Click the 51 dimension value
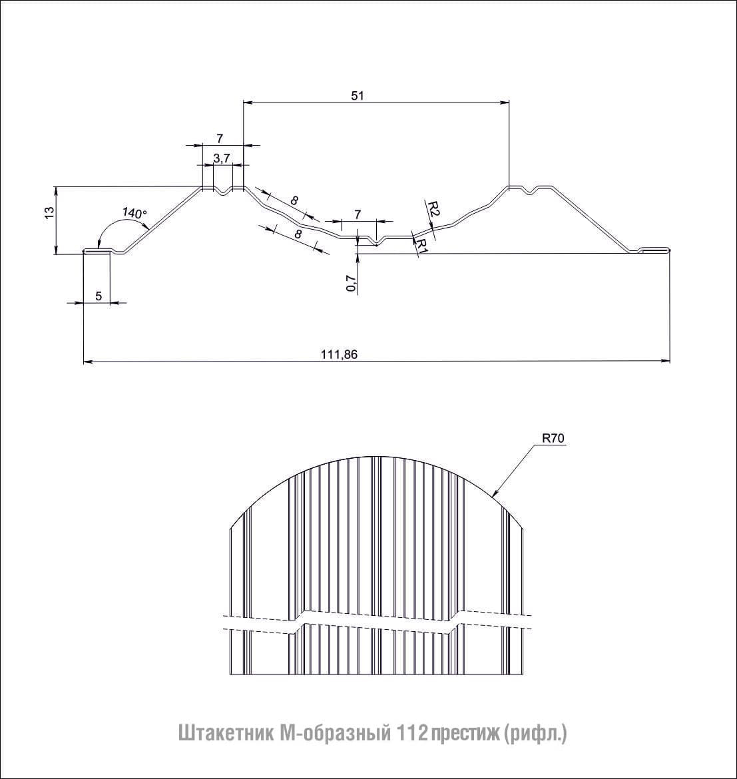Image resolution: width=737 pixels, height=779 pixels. (x=358, y=95)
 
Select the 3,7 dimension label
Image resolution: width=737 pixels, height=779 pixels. (x=222, y=158)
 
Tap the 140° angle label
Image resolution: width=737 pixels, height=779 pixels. (x=134, y=213)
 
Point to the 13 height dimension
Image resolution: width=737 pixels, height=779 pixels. (x=49, y=212)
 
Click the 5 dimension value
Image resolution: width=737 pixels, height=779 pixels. (x=99, y=296)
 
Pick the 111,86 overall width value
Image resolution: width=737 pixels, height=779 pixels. (x=340, y=354)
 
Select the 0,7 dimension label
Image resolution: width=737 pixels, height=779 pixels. (x=352, y=283)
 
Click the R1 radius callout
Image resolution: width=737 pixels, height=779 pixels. (x=421, y=246)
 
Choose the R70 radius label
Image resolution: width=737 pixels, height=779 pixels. (x=553, y=438)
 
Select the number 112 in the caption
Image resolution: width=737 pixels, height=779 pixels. (x=411, y=733)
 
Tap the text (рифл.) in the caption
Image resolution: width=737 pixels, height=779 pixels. (x=535, y=734)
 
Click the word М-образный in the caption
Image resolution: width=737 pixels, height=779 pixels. (x=332, y=733)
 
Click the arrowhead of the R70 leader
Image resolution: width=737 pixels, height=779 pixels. (x=493, y=494)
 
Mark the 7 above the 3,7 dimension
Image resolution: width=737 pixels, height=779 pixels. (x=220, y=138)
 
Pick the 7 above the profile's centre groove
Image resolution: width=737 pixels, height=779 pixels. (x=358, y=214)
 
